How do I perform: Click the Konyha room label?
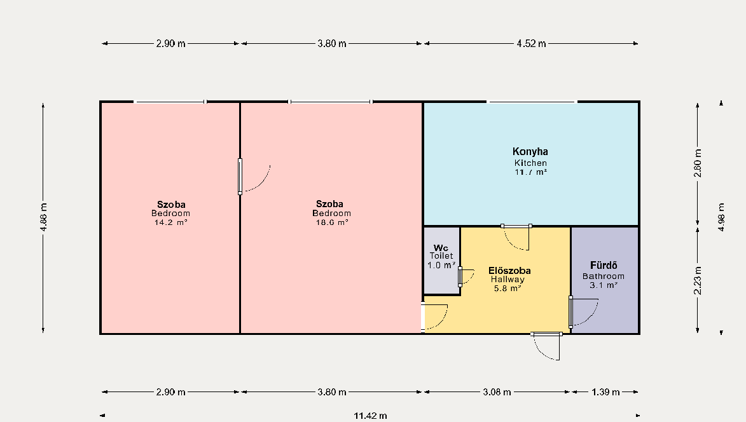530,152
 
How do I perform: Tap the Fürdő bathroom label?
604,265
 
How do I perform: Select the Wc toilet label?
441,248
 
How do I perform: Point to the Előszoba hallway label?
509,270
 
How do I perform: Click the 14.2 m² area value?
170,222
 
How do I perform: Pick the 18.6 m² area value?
331,222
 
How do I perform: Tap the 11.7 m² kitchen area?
530,172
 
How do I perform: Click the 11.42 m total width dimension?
370,416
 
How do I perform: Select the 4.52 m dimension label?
532,44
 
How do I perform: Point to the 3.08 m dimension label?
497,392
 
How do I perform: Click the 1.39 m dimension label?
605,392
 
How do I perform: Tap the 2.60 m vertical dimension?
698,163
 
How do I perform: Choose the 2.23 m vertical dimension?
698,280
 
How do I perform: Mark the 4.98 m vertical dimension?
721,217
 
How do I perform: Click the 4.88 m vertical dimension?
43,217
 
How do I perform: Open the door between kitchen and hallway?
516,237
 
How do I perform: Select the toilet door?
466,277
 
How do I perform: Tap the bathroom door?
583,312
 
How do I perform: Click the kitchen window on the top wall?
532,102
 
